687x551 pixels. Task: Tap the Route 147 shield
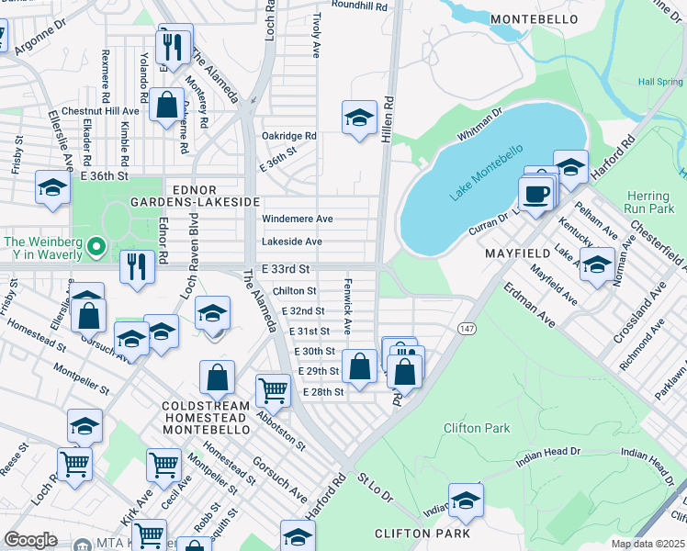point(467,328)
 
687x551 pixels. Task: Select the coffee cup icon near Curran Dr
point(535,194)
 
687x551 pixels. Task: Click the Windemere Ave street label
point(291,219)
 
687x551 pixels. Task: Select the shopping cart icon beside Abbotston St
point(273,390)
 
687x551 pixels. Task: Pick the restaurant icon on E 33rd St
point(137,267)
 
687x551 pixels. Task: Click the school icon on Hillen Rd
point(359,118)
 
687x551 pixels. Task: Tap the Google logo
point(30,540)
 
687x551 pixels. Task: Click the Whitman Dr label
point(480,125)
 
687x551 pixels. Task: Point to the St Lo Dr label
point(375,488)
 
